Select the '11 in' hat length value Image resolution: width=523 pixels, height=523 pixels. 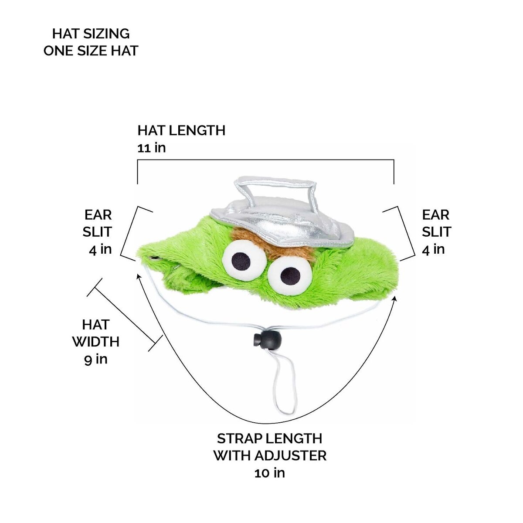151,148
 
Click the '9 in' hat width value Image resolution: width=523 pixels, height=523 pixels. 95,359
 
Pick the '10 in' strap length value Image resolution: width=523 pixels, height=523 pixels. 269,472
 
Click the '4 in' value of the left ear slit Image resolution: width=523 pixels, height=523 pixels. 100,249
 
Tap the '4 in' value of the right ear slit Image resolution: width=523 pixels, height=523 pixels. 433,249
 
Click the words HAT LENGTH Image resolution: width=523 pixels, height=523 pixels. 181,130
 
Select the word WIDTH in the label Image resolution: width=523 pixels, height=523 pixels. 96,342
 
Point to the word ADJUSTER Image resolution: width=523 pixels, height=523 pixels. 289,455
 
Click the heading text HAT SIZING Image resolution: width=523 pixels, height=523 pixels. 91,34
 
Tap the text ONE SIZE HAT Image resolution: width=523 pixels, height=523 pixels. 91,51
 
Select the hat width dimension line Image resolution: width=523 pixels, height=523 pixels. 125,314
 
